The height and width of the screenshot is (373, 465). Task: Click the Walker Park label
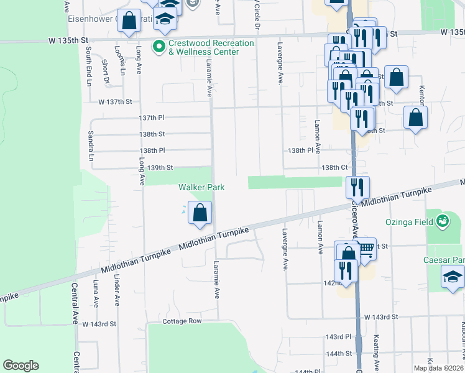201,187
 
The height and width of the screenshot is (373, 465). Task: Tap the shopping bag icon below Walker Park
200,213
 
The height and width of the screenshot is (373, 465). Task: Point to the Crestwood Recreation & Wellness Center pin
159,46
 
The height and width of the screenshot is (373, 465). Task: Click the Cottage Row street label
182,321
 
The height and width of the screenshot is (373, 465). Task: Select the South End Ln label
89,66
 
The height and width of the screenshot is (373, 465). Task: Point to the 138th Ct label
334,167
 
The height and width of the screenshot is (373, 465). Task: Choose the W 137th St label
115,101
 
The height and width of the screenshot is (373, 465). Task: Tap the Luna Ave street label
96,293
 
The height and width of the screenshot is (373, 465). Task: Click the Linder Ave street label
116,291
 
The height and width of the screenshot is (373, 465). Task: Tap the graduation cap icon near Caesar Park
453,277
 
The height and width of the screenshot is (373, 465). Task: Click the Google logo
21,366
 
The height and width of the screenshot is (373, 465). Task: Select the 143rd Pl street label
338,336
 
